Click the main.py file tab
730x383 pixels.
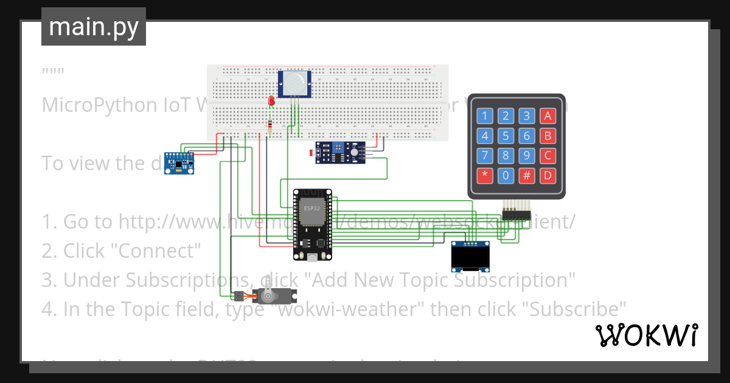[94, 27]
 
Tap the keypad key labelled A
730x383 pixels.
[548, 116]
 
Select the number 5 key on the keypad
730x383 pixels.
[506, 136]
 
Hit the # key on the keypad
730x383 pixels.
[527, 176]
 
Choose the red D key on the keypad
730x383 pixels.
[548, 176]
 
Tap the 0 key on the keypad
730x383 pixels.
[506, 176]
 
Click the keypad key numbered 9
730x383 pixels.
[527, 156]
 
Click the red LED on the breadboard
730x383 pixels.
[271, 101]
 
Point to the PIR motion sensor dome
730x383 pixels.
[294, 83]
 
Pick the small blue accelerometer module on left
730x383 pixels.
[179, 164]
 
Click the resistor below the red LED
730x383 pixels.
[270, 125]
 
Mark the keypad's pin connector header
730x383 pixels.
[516, 215]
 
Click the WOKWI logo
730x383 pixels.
[646, 336]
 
